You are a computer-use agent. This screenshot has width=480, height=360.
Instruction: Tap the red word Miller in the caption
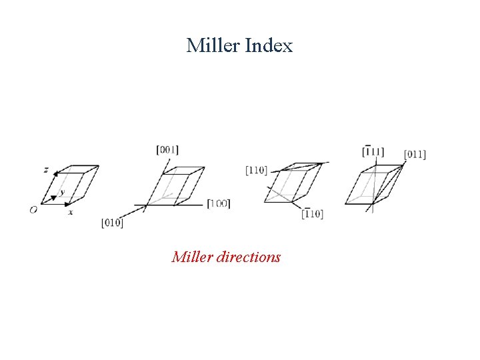192,257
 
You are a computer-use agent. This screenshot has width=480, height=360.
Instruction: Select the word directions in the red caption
249,257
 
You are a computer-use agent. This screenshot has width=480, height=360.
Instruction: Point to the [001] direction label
167,150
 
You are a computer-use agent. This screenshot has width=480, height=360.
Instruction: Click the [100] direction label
219,203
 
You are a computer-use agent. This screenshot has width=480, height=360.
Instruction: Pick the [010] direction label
112,223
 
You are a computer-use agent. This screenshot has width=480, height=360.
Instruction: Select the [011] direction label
415,155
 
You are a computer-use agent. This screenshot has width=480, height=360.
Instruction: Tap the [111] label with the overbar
373,151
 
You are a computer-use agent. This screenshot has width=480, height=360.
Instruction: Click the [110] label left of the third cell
256,170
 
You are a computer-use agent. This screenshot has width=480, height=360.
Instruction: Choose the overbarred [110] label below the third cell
312,213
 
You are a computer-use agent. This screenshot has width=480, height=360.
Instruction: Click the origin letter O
33,210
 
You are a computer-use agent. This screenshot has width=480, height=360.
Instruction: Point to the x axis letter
70,212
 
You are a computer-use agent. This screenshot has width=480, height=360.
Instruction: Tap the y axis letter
62,193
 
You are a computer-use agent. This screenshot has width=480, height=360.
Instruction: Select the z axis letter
46,170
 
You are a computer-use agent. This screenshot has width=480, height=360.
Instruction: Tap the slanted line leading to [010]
133,212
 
